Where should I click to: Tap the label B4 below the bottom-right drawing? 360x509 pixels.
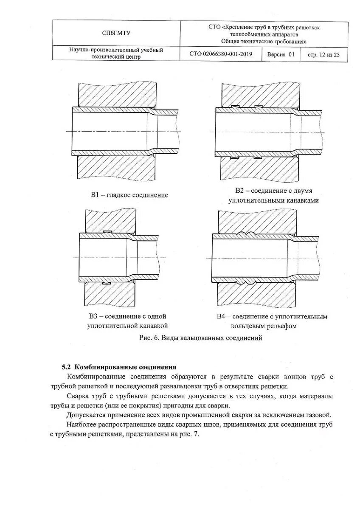tap(221, 316)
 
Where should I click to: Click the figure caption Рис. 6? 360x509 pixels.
tap(148, 338)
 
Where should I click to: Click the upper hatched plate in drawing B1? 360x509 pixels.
tap(115, 93)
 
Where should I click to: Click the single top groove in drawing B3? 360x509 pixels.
tap(107, 231)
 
